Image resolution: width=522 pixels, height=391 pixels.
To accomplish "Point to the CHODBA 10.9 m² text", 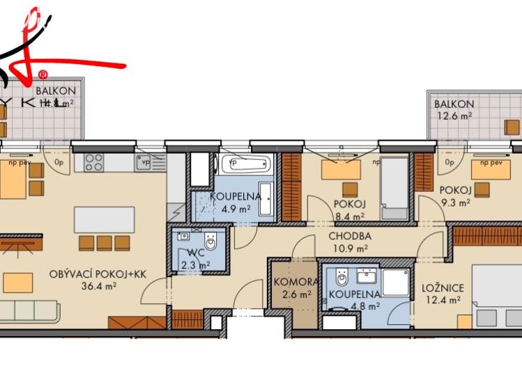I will pos(351,241).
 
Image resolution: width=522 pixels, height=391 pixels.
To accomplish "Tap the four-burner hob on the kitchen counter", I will pos(93,163).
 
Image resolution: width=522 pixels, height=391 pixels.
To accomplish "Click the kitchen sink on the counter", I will pos(145,163).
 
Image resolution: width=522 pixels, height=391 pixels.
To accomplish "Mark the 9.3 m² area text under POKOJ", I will pos(455,202).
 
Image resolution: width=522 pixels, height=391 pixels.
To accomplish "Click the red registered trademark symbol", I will pos(43,74).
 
